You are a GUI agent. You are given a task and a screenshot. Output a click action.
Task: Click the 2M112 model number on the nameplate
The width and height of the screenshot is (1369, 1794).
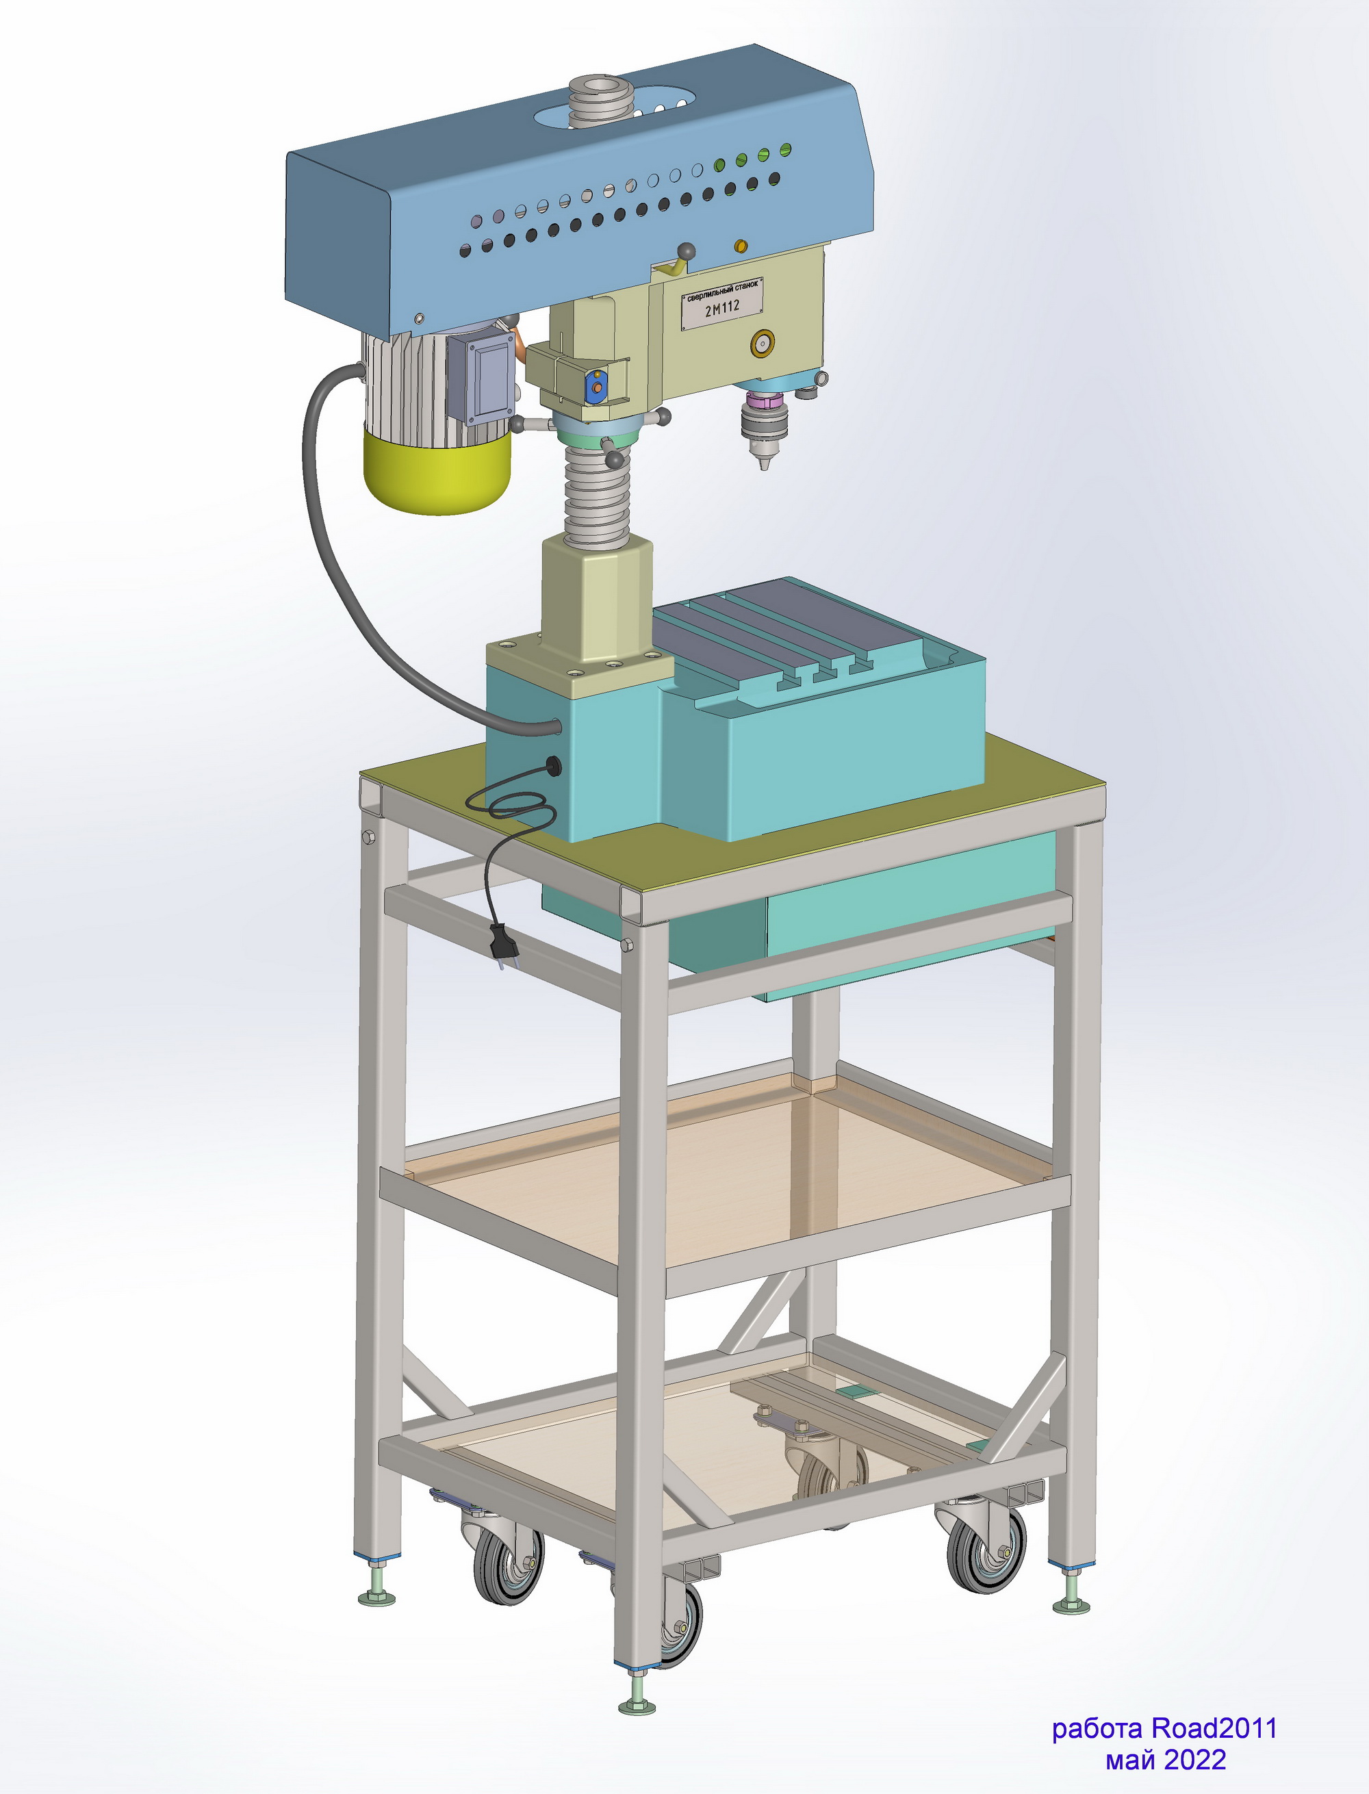pyautogui.click(x=722, y=307)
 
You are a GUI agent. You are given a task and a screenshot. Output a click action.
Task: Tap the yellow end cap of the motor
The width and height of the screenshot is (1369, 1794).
pyautogui.click(x=437, y=472)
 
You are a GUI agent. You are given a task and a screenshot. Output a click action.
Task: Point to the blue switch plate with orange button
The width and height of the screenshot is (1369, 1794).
pyautogui.click(x=596, y=386)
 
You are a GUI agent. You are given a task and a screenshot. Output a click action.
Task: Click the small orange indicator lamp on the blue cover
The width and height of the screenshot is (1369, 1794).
pyautogui.click(x=741, y=245)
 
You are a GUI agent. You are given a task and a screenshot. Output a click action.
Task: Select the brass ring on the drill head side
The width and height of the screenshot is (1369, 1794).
pyautogui.click(x=763, y=344)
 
